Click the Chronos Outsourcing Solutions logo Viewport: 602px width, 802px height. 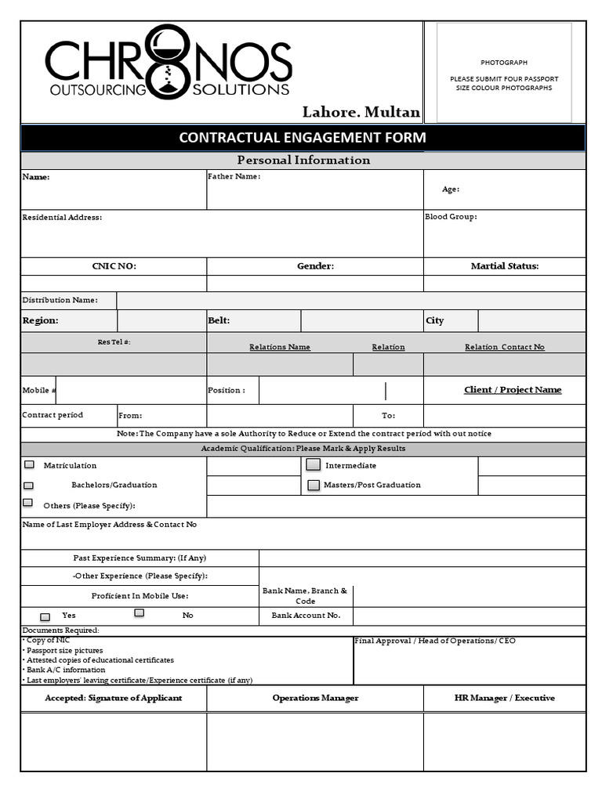[x=168, y=63]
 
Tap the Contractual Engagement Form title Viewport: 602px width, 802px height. [x=303, y=138]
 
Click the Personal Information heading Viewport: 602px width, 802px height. [x=303, y=160]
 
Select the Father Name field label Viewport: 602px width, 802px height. [x=234, y=177]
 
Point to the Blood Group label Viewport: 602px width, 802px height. [x=451, y=217]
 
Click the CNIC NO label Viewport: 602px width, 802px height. [x=114, y=266]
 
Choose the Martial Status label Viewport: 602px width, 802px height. [x=504, y=266]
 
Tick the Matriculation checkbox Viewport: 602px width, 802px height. [x=29, y=465]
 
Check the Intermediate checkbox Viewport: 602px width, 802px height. [x=314, y=465]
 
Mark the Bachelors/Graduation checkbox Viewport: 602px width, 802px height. [x=29, y=486]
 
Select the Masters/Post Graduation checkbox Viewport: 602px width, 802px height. [x=314, y=486]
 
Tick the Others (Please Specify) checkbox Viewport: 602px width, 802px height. [x=28, y=503]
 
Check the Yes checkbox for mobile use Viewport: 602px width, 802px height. [x=45, y=617]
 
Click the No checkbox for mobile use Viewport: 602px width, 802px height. [x=139, y=613]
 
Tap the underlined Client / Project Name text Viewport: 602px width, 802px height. [x=513, y=390]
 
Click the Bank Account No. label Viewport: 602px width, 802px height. [x=306, y=616]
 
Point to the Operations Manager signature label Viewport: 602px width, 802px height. [x=315, y=698]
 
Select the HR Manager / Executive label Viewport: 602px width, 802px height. [x=504, y=698]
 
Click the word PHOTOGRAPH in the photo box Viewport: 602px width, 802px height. [x=504, y=63]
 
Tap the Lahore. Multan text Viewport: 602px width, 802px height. [x=361, y=113]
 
